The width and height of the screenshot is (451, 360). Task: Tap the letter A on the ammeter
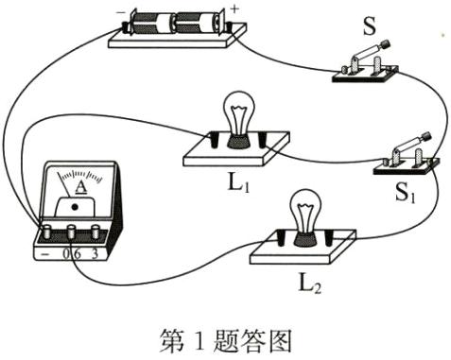pyautogui.click(x=82, y=185)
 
